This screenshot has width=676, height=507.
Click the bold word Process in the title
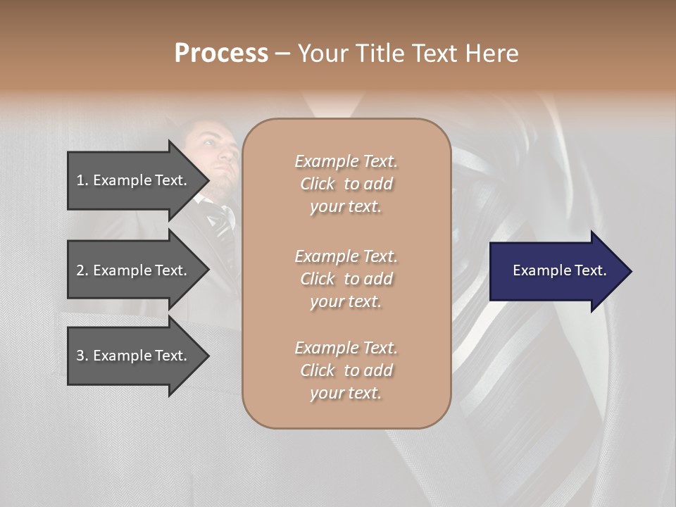point(221,54)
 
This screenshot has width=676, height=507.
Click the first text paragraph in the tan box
point(346,184)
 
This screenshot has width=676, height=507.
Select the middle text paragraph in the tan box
point(346,279)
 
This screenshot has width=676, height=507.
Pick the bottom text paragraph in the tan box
point(346,370)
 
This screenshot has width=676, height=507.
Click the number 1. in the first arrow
point(82,180)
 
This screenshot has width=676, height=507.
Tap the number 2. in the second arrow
point(82,270)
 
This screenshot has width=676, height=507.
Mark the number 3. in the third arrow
point(82,356)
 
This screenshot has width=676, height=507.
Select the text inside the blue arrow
point(560,270)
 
